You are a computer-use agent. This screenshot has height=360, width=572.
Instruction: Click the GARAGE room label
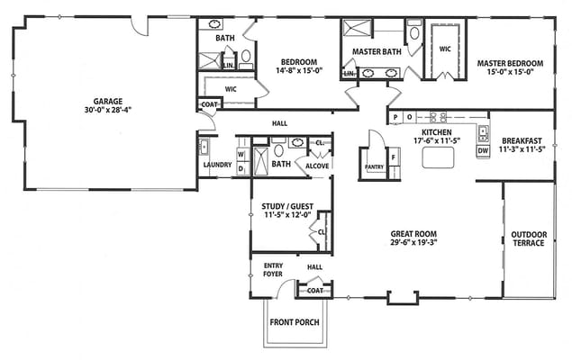[x=108, y=102]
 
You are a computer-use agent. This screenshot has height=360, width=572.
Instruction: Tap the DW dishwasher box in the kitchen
[x=483, y=150]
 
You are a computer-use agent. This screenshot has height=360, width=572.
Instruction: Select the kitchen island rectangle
[x=438, y=157]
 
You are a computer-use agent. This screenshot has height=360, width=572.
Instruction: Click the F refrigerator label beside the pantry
[x=394, y=157]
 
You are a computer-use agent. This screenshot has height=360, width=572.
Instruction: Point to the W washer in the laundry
[x=241, y=155]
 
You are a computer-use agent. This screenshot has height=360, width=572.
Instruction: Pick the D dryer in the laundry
[x=241, y=168]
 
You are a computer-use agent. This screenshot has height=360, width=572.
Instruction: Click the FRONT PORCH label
[x=295, y=322]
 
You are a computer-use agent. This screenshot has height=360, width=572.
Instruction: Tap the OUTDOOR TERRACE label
[x=529, y=238]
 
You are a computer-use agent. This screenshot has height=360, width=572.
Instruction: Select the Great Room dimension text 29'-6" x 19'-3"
[x=413, y=242]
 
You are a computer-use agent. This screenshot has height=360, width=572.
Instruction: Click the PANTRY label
[x=375, y=166]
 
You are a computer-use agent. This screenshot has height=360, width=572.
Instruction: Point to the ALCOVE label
[x=317, y=166]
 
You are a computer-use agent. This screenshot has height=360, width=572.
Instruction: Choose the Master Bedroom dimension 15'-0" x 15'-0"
[x=510, y=72]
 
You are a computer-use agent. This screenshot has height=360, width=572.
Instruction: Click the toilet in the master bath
[x=414, y=31]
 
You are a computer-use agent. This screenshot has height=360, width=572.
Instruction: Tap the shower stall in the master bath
[x=357, y=28]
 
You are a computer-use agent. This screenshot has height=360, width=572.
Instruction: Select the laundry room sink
[x=204, y=147]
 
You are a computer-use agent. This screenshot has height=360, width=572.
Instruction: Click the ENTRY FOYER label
[x=273, y=270]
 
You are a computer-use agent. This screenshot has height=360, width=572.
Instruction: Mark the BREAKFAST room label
[x=522, y=140]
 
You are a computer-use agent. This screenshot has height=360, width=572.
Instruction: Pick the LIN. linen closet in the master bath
[x=349, y=74]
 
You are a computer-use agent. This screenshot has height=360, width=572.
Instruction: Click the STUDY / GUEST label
[x=287, y=206]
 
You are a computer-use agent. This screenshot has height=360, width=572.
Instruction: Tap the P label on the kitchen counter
[x=395, y=117]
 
